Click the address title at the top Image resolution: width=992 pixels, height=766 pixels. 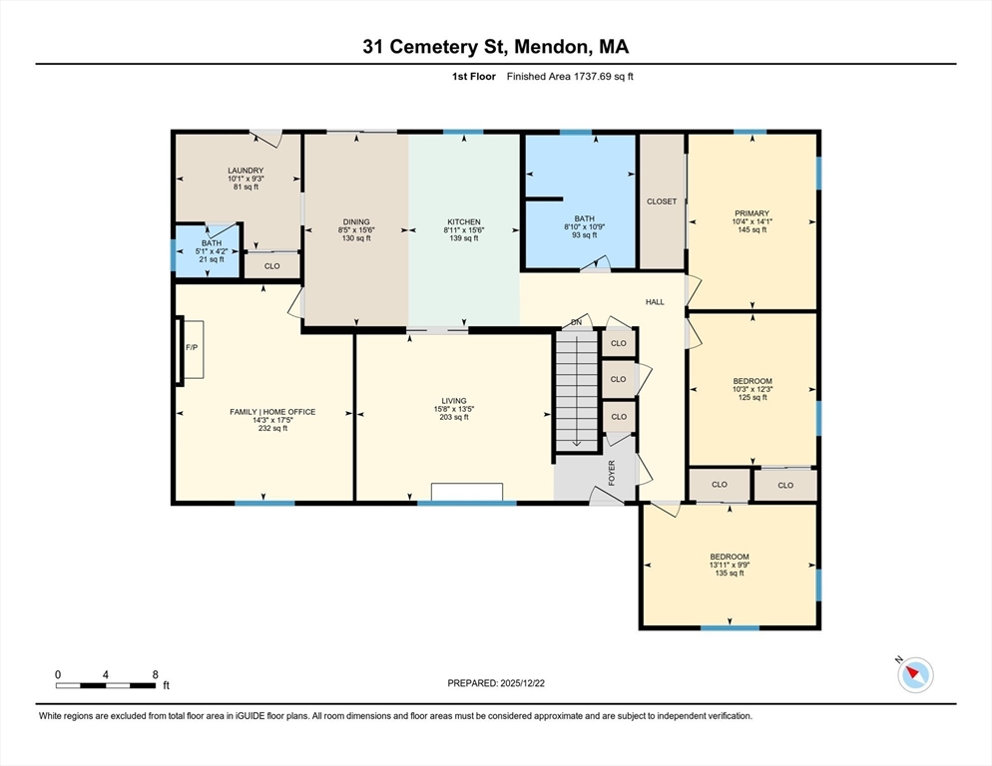496,47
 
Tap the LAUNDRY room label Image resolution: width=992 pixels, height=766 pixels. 246,171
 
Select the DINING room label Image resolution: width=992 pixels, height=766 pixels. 356,222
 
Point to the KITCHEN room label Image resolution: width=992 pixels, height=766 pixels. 463,222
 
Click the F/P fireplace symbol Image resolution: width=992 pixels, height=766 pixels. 192,348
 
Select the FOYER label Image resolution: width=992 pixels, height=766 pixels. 612,472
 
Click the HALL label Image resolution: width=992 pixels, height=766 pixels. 655,301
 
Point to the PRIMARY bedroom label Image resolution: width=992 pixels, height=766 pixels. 751,213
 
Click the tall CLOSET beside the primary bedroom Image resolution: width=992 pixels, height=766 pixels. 662,201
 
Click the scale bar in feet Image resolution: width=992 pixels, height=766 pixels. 106,684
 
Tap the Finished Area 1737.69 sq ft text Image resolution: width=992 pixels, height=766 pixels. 570,77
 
